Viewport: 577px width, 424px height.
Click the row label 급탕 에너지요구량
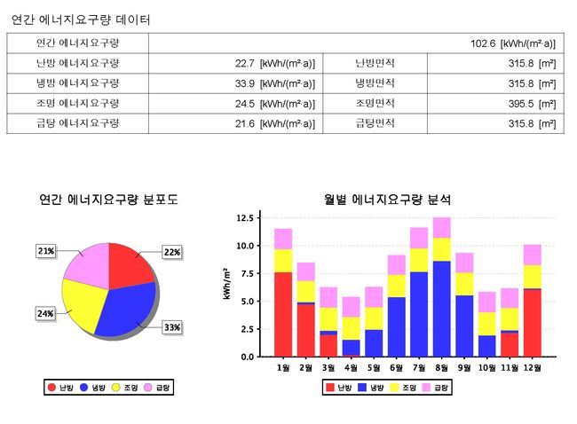point(77,123)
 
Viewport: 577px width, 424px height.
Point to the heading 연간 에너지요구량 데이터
point(81,20)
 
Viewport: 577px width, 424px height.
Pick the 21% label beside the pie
point(46,251)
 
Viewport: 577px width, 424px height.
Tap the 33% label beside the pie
point(171,327)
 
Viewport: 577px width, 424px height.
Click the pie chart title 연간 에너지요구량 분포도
point(108,200)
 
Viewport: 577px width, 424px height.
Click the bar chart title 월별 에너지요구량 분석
point(387,200)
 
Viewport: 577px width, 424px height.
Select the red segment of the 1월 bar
point(283,314)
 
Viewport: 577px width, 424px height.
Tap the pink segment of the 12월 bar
point(533,255)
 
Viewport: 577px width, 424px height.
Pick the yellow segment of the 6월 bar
point(397,286)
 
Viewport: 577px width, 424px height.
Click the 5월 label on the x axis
point(374,367)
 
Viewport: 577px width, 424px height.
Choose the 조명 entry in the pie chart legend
point(125,388)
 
